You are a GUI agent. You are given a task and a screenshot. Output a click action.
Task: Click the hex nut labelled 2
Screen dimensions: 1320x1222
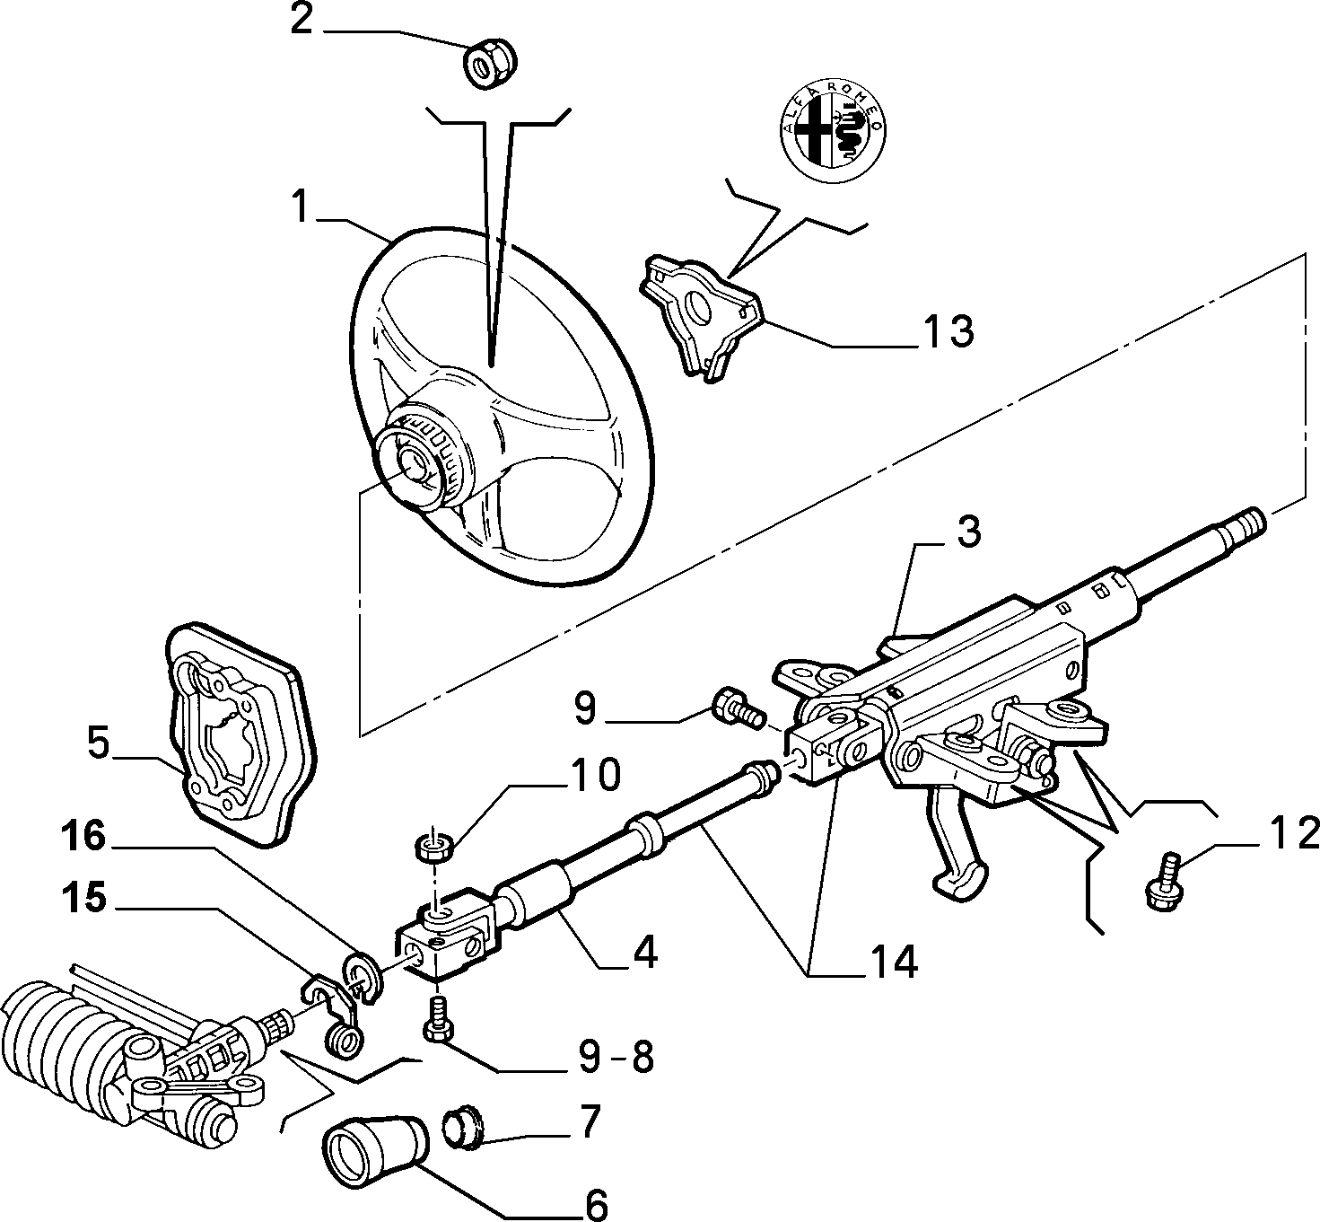point(490,64)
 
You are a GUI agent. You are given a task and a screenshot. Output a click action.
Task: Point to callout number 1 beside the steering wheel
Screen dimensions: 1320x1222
point(302,207)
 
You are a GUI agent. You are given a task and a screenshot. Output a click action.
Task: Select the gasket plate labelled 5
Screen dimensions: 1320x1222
point(240,734)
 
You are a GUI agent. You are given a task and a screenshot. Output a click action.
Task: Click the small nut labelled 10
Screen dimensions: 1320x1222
point(434,846)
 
